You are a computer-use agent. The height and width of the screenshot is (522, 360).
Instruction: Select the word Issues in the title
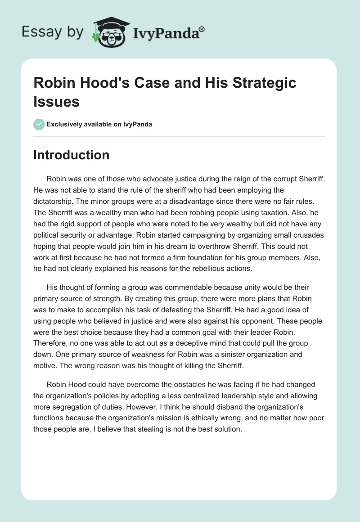[56, 102]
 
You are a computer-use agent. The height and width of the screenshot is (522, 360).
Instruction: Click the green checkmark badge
[39, 125]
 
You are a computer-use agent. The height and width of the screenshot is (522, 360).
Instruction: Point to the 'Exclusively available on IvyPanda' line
[99, 125]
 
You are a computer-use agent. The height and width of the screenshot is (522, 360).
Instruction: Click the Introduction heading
[71, 155]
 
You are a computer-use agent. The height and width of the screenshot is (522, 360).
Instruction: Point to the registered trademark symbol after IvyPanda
[202, 28]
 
